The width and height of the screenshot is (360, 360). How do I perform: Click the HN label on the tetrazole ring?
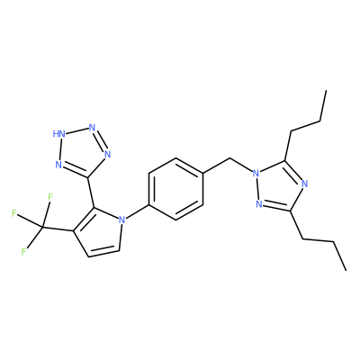(59, 134)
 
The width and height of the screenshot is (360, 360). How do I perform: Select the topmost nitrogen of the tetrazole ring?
(93, 127)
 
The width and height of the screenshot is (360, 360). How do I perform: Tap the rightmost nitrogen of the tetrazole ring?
(108, 154)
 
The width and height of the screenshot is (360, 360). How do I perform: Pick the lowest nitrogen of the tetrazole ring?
(58, 165)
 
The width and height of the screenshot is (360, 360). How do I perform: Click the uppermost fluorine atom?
(50, 197)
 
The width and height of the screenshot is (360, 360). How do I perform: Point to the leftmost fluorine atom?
(13, 213)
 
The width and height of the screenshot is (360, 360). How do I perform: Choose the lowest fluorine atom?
(23, 251)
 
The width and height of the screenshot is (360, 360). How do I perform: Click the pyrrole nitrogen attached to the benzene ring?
(121, 220)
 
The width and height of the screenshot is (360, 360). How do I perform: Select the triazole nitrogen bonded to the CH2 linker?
(256, 174)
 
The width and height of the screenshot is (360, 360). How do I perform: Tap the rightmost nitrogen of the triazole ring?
(305, 184)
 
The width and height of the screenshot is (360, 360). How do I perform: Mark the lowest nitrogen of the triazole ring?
(259, 204)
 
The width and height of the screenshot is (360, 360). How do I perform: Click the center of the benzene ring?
(176, 189)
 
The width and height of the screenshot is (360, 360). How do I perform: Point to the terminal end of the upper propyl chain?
(326, 90)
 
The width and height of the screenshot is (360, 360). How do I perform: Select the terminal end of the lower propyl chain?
(346, 270)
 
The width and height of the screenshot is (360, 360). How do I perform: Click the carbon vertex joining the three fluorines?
(42, 227)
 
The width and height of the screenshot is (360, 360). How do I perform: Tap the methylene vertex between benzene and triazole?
(230, 157)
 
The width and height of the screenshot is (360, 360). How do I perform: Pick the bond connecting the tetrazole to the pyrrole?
(91, 193)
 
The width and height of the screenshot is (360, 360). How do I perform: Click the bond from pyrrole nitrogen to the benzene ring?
(138, 211)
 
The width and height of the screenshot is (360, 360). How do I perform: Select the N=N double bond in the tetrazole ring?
(100, 140)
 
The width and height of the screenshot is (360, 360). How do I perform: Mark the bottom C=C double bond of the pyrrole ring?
(103, 252)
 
